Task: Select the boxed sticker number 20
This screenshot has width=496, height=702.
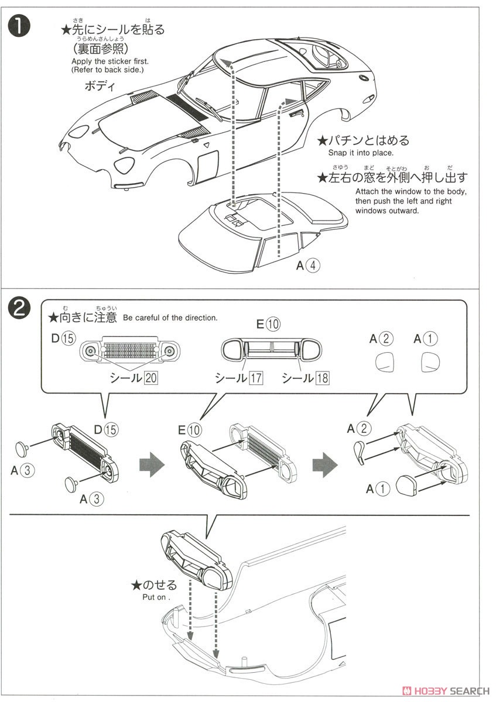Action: point(150,378)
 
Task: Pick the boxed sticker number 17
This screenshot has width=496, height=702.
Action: point(256,378)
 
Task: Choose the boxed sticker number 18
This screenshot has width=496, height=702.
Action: point(322,378)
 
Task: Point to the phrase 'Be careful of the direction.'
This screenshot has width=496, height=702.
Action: point(170,318)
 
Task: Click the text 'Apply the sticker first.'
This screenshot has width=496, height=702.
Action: point(110,61)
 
